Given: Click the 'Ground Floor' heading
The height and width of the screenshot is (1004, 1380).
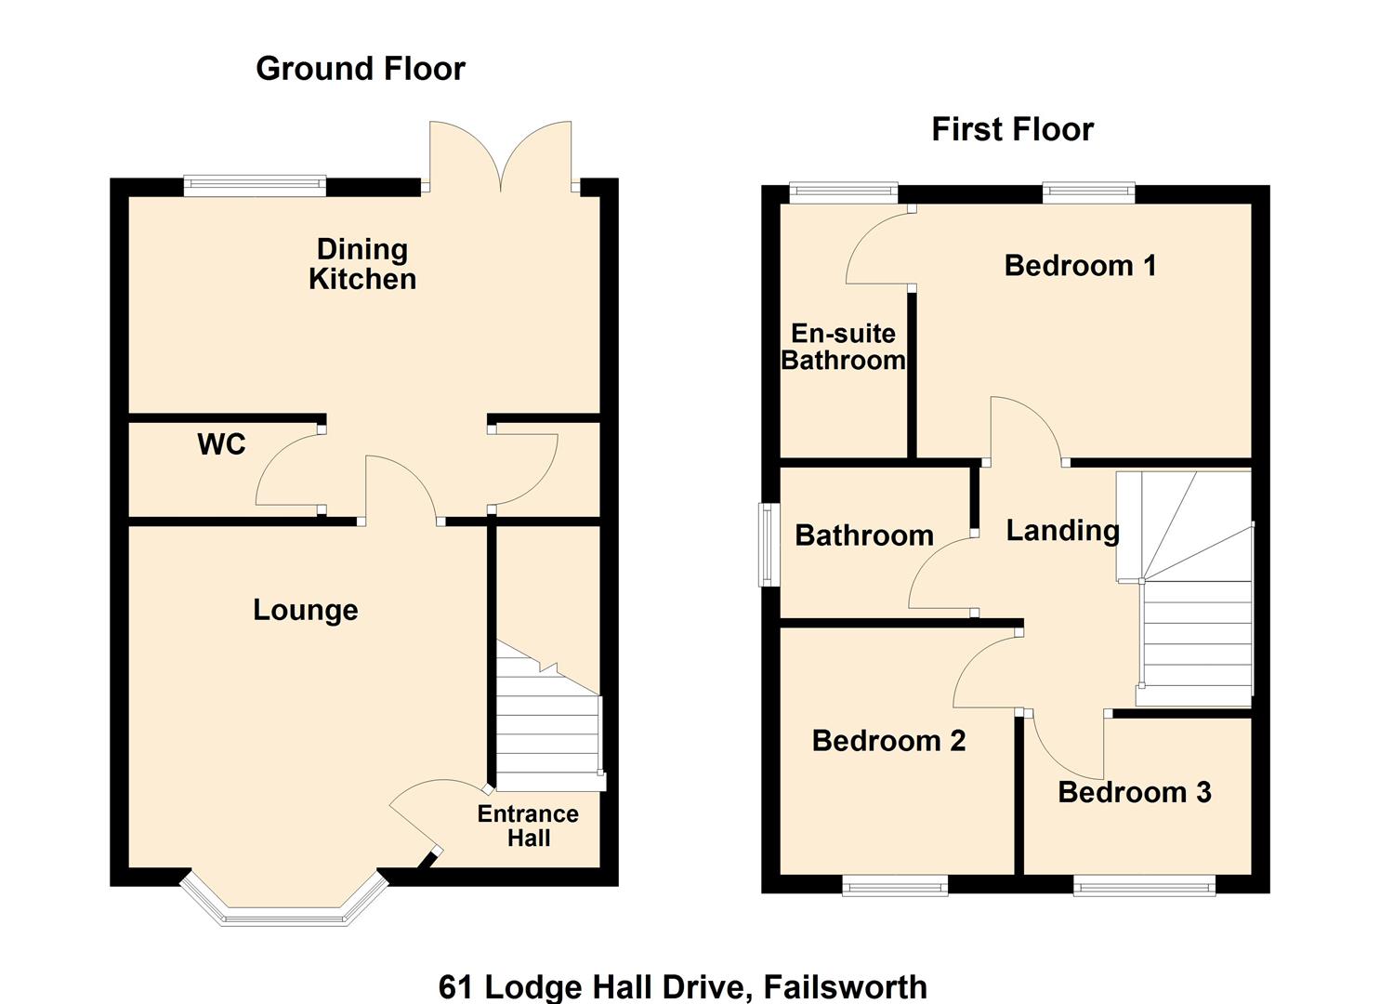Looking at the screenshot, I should point(360,69).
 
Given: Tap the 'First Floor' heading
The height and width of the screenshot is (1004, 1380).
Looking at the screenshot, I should point(1012,129).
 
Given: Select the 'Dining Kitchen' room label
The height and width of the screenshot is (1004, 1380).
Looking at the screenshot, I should point(361,264).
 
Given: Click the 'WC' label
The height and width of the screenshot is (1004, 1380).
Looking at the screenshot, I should point(221,444).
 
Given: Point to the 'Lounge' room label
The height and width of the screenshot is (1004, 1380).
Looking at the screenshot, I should point(306,610).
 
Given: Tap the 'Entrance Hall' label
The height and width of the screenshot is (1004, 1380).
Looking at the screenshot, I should point(528,826).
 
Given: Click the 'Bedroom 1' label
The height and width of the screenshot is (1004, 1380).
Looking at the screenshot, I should point(1080,266).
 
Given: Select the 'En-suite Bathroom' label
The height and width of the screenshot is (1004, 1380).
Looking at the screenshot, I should point(843,347).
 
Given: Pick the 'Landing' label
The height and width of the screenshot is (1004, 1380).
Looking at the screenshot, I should point(1062,530).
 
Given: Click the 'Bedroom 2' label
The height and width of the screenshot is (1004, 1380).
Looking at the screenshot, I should point(888,741).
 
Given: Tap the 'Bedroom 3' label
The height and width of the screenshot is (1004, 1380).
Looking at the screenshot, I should point(1134,792).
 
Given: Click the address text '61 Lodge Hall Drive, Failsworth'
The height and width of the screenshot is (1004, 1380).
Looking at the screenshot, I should point(682,985).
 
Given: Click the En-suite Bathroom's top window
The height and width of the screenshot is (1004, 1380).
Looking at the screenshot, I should point(843,193).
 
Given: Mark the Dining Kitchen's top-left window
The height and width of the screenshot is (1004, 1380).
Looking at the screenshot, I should point(256,186).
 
